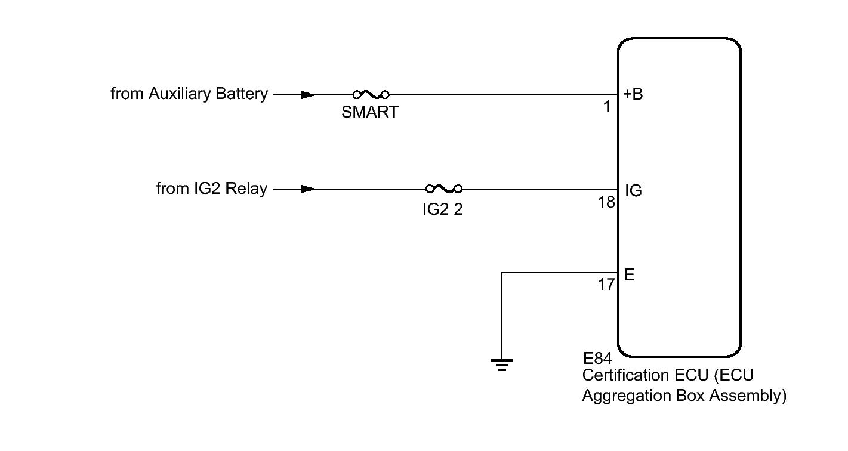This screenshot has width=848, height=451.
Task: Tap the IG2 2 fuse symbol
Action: coord(444,189)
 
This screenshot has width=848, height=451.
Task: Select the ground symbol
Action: coord(502,363)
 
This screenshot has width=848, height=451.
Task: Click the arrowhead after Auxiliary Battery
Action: coord(308,94)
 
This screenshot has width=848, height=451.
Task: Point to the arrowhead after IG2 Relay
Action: coord(308,189)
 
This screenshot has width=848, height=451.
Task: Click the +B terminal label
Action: coord(634,94)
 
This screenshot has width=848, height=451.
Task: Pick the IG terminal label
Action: coord(634,191)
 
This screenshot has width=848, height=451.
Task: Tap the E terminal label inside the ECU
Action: coord(629,275)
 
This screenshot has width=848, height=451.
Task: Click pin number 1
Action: coord(607,107)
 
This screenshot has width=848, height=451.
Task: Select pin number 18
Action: coord(606,202)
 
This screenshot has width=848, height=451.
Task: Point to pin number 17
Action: coord(606,285)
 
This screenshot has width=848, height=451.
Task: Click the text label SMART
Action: coord(370,112)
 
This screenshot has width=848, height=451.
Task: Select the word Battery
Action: coord(239,94)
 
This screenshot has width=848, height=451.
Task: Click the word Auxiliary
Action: coord(177,94)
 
